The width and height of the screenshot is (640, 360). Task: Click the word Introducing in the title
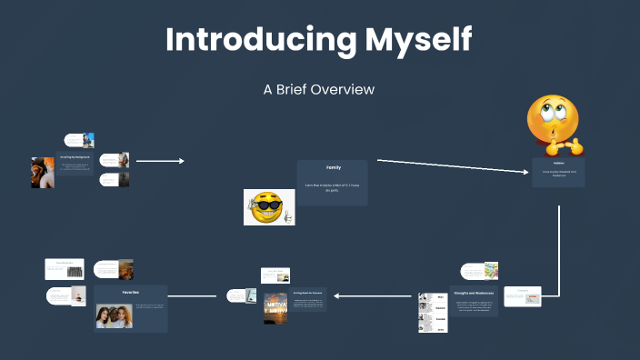coord(245,39)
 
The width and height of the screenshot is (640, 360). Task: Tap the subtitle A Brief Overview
coord(319,90)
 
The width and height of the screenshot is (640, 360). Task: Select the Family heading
coord(333,168)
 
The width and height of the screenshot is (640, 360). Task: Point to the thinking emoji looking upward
coord(555,122)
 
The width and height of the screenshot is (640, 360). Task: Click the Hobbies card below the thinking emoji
coord(558,172)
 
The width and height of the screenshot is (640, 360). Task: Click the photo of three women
coord(115,315)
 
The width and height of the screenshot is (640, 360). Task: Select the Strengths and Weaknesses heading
coord(474,293)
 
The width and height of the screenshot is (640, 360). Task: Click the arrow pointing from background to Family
coord(159,161)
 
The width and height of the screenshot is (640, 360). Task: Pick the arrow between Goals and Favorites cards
coord(192,295)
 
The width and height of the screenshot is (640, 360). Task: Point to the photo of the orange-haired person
coord(42,173)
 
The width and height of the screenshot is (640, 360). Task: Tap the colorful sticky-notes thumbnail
coord(491,270)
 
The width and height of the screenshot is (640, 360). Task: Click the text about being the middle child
coord(333,186)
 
